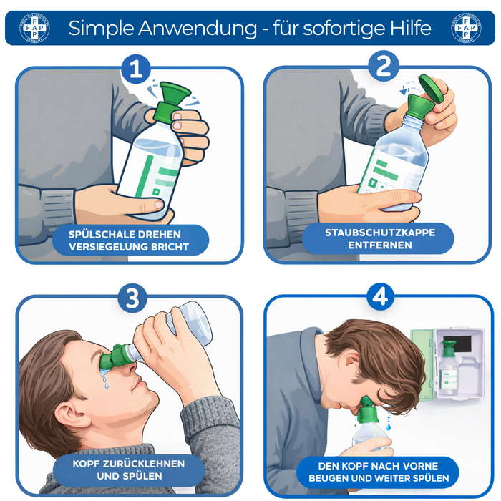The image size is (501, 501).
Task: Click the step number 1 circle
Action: click(135, 69)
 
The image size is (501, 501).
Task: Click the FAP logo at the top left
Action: click(34, 28)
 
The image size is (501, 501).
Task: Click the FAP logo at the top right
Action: click(466, 28)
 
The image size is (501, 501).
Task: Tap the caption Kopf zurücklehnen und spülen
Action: click(130, 470)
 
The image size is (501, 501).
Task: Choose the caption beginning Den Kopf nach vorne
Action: click(379, 472)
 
